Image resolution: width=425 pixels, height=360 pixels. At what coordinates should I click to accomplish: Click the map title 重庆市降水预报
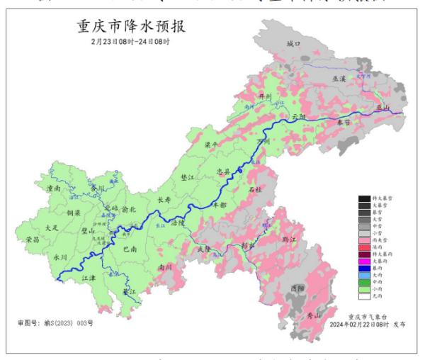pos(128,28)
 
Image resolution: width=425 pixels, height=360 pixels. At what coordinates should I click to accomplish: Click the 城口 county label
pos(294,44)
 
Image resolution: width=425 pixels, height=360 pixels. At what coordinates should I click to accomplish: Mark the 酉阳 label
pos(298,288)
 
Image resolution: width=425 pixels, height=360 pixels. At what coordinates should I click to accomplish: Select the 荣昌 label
pos(32,240)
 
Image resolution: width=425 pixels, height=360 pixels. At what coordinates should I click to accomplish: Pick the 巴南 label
pos(130,249)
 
